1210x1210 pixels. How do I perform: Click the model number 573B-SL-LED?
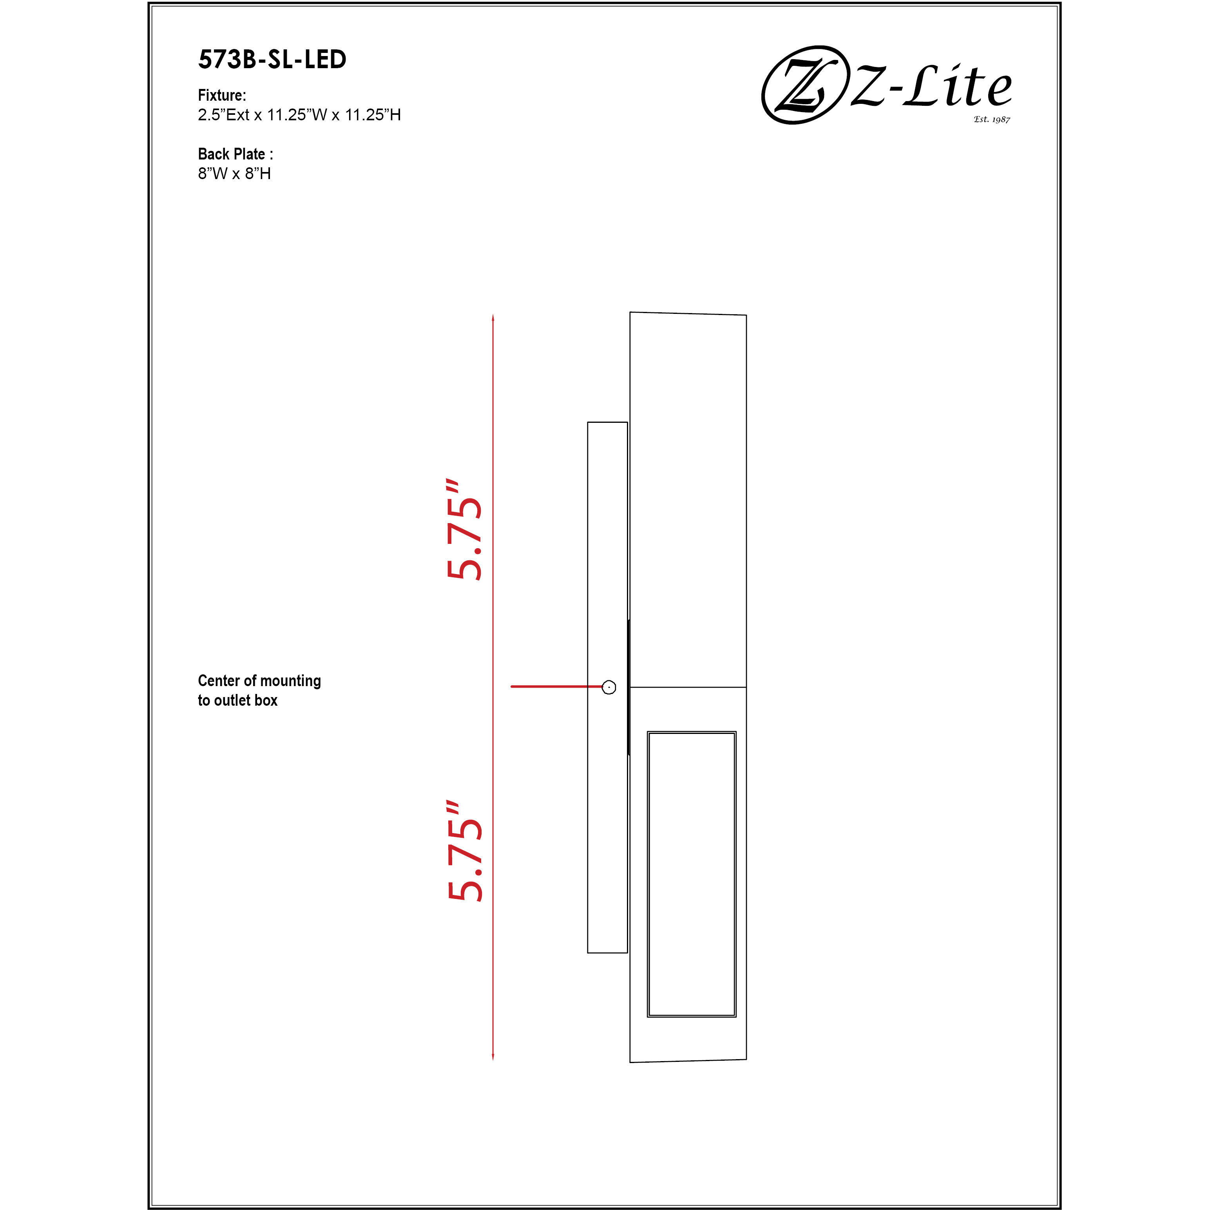[x=272, y=60]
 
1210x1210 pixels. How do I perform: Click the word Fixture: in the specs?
[x=222, y=95]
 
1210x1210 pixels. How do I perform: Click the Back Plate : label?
[x=235, y=154]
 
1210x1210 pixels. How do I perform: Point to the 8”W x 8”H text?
[x=234, y=174]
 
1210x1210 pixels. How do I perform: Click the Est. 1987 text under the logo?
[x=991, y=119]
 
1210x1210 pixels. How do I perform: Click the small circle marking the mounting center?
[x=609, y=687]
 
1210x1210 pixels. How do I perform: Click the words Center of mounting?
[x=259, y=681]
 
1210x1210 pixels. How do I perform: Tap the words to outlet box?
[x=237, y=700]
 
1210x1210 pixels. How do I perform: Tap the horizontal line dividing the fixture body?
[x=688, y=687]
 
